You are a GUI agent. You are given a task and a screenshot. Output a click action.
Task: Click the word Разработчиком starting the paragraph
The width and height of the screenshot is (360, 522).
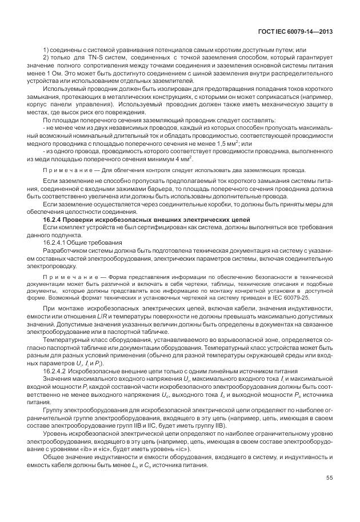(x=65, y=249)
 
